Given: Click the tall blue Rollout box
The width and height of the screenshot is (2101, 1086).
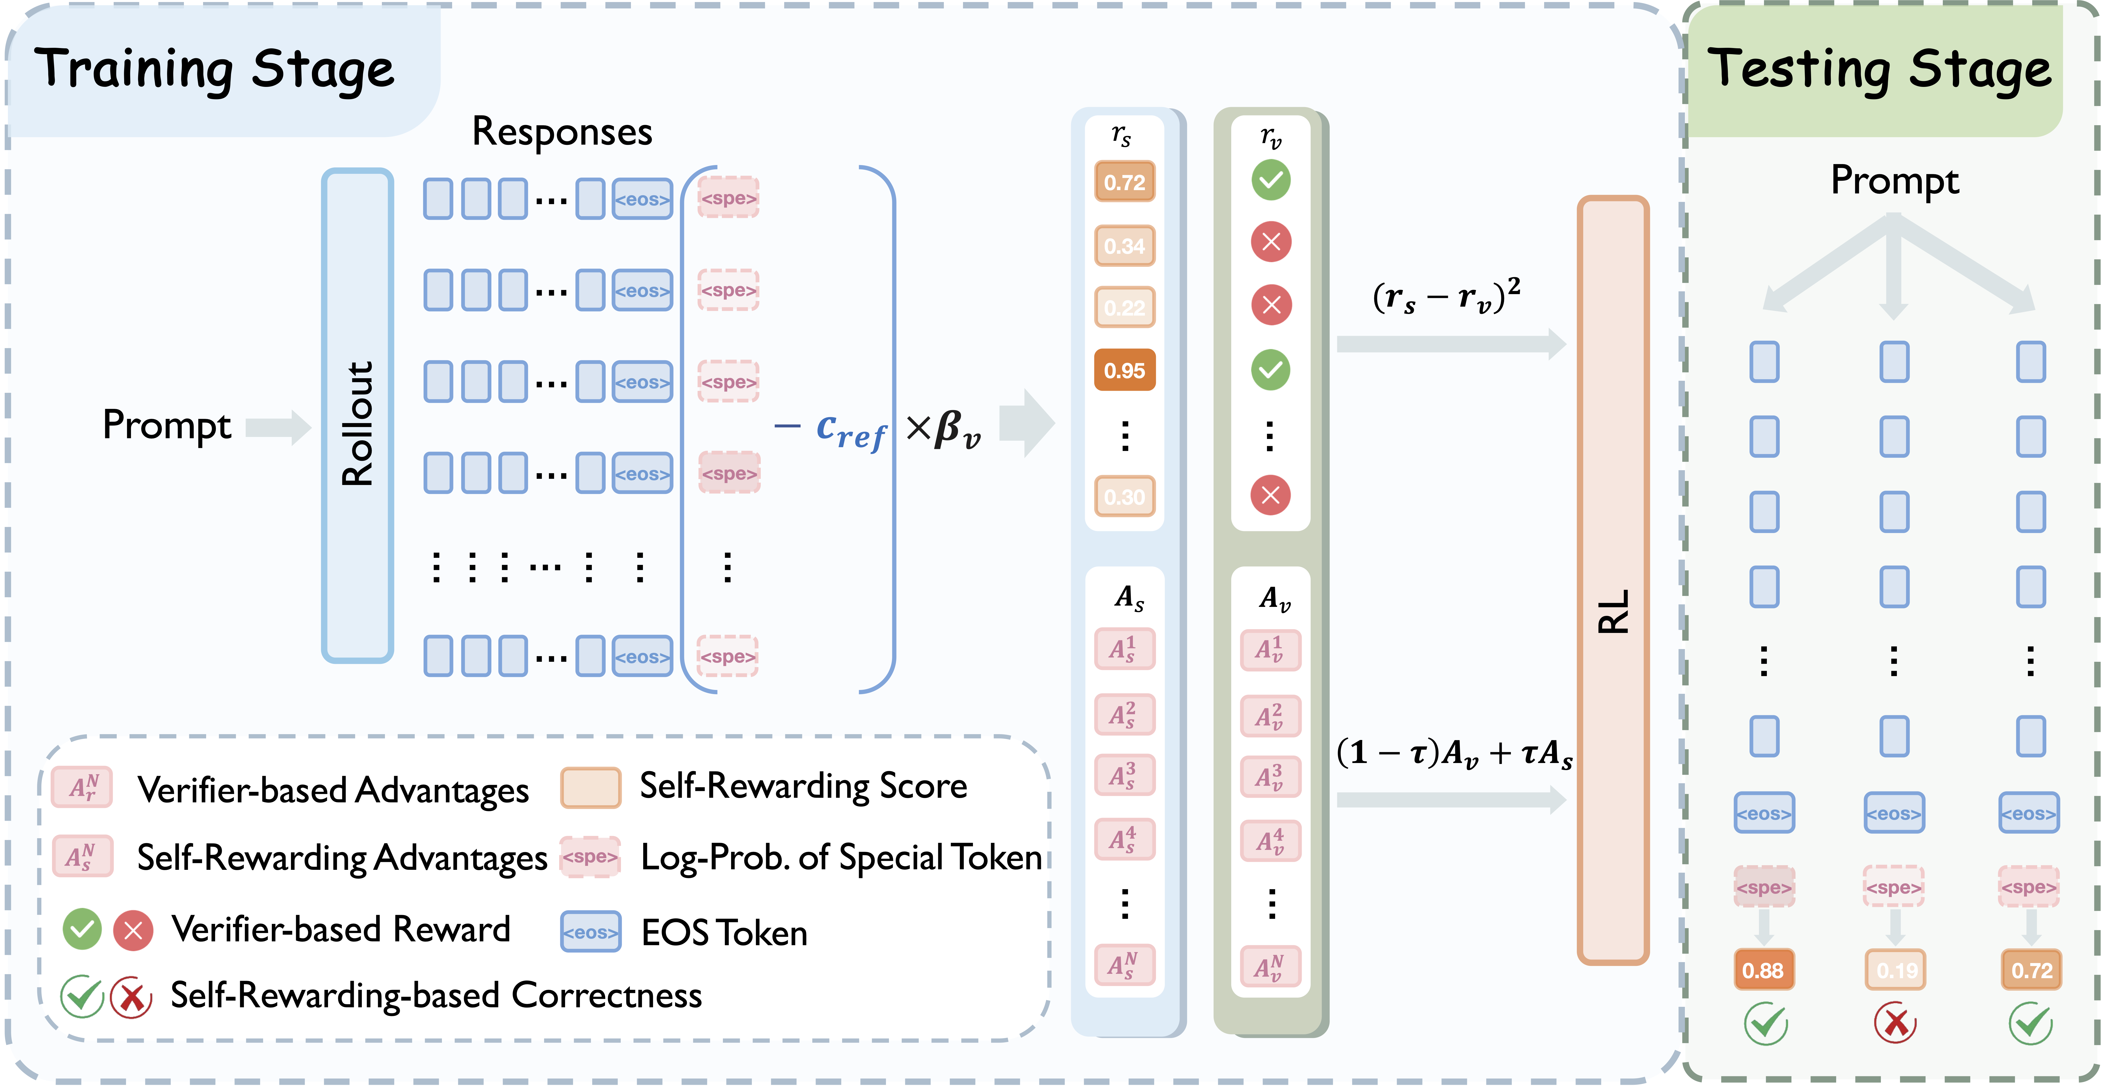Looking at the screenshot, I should (357, 416).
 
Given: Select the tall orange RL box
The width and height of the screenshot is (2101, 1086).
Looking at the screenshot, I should (1612, 579).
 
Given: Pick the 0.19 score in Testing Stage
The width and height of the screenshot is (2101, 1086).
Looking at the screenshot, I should (1895, 970).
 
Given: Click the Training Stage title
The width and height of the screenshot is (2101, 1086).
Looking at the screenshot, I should (215, 69).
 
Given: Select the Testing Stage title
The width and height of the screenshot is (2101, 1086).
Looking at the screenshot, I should (1878, 69).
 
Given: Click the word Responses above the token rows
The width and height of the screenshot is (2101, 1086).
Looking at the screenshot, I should (562, 132).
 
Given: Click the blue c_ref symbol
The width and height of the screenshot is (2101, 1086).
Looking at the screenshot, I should (850, 430).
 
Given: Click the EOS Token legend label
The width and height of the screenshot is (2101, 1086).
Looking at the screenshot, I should (724, 933).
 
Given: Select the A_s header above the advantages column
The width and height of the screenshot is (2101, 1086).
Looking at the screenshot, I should (1129, 598).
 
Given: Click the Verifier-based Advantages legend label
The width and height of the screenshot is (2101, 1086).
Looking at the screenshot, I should (333, 790).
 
